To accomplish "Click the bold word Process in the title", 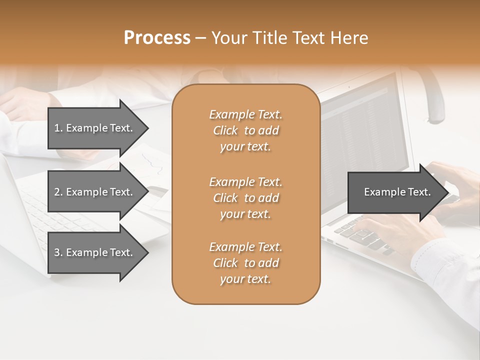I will (157, 38).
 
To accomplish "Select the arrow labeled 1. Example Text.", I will (93, 128).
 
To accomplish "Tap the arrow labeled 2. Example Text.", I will (93, 192).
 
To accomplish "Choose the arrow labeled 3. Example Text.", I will (93, 252).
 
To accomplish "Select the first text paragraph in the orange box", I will (245, 130).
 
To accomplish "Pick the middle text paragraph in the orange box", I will (245, 198).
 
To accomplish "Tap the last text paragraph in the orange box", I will (245, 263).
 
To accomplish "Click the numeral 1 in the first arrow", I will (56, 128).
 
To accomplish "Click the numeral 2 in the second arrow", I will (56, 192).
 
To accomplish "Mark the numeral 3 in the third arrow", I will (56, 252).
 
